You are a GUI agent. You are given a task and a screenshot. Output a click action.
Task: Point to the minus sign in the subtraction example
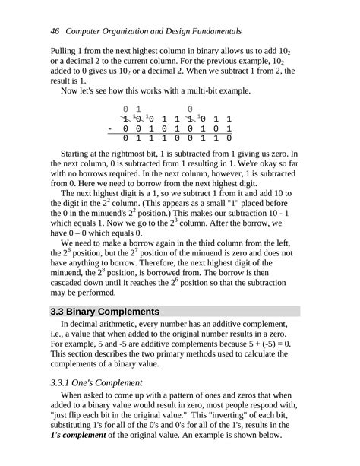click(x=111, y=129)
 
